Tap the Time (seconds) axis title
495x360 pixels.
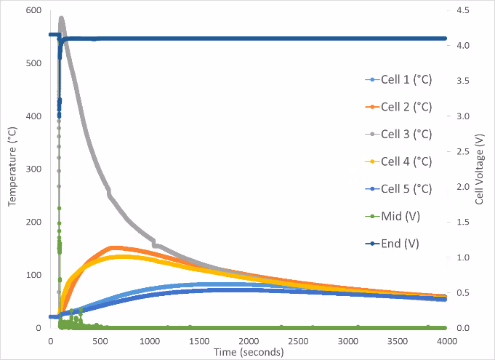249,352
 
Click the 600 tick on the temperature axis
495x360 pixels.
34,10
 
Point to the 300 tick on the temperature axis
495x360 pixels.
34,169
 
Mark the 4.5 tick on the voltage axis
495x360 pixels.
463,10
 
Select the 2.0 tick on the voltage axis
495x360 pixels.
463,187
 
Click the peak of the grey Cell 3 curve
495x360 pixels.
61,18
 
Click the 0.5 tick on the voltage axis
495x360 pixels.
463,292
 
